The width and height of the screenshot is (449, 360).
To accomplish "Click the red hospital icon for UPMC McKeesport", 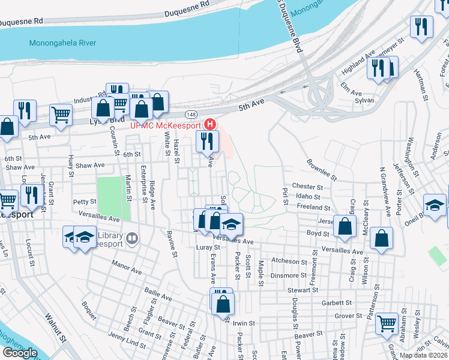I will (210, 125).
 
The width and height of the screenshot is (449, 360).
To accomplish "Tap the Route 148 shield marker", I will (191, 114).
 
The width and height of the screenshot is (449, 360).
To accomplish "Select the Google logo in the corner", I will (20, 353).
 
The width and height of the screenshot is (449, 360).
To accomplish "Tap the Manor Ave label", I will (126, 267).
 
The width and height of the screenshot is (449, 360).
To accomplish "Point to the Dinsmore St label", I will (289, 275).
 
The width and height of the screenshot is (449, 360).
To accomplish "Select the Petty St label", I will (84, 202).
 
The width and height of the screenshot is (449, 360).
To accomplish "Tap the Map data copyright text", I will (423, 355).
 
